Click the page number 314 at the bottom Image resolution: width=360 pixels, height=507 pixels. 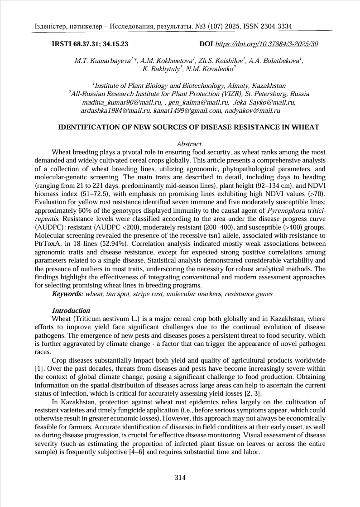tap(180, 478)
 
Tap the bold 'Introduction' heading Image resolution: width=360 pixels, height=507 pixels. tap(71, 311)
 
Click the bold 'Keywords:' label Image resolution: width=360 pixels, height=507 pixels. tap(68, 294)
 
